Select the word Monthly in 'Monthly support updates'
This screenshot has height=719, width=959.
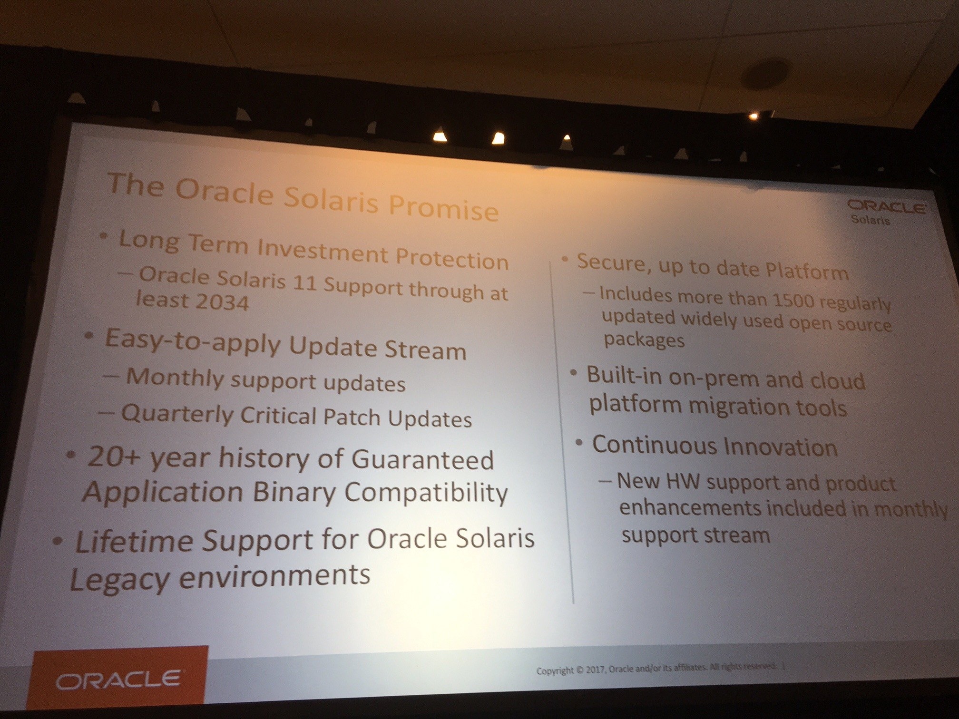click(x=175, y=378)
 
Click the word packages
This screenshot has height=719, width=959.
click(x=644, y=340)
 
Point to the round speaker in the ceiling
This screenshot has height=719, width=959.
click(x=765, y=74)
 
